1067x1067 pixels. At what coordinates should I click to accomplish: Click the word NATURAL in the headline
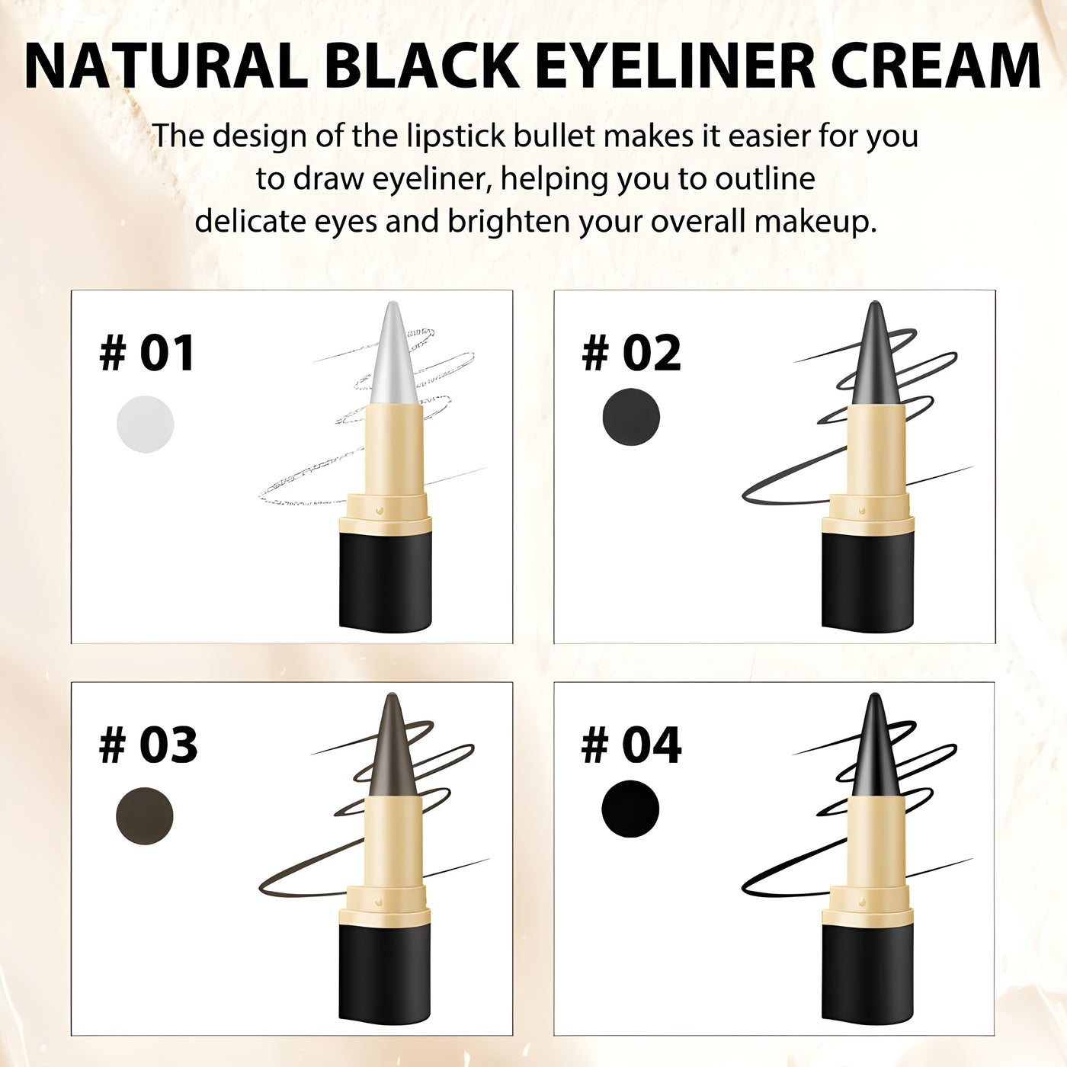(x=166, y=66)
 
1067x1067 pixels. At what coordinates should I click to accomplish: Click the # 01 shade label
(x=148, y=354)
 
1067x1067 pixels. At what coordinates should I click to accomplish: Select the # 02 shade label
(x=631, y=354)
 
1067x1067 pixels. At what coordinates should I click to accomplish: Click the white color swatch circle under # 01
(x=145, y=425)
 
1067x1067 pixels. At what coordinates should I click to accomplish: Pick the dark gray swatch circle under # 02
(x=630, y=417)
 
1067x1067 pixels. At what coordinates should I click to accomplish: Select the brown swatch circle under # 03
(x=145, y=815)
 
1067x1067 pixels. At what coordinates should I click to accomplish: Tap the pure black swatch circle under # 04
(x=630, y=809)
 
